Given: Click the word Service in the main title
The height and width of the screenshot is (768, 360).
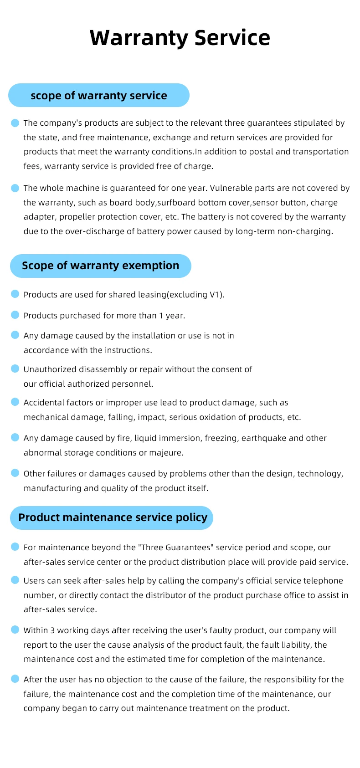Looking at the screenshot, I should pyautogui.click(x=232, y=38).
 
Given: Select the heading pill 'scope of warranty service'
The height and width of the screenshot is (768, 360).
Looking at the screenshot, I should pyautogui.click(x=99, y=95).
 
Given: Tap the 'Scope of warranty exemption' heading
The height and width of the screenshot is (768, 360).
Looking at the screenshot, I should pyautogui.click(x=101, y=266).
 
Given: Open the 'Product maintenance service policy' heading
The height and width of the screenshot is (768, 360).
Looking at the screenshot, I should pyautogui.click(x=113, y=517).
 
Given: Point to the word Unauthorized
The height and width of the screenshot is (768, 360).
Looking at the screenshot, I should pyautogui.click(x=50, y=369).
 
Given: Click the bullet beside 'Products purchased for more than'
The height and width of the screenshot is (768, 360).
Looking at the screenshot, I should pyautogui.click(x=15, y=315).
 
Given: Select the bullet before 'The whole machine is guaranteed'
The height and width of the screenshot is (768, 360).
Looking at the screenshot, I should pyautogui.click(x=15, y=188).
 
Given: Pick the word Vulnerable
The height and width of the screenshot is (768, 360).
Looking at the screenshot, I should pyautogui.click(x=231, y=188).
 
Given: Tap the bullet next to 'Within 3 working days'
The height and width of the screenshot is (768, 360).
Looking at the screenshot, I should pyautogui.click(x=15, y=630).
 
